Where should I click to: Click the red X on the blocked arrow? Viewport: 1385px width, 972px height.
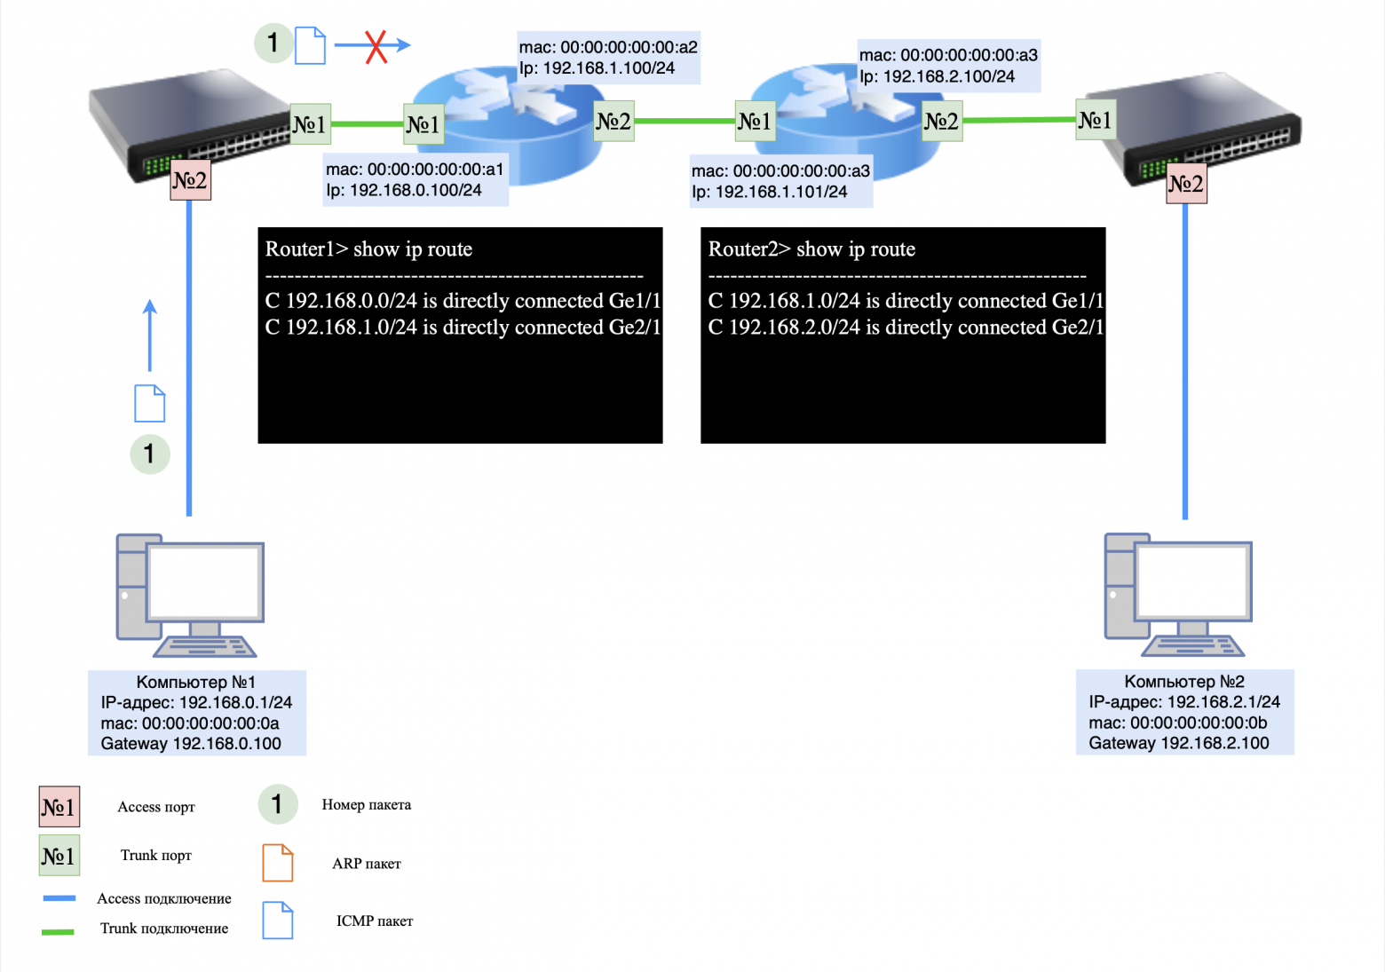coord(376,46)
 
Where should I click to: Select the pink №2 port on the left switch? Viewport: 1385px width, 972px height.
coord(190,181)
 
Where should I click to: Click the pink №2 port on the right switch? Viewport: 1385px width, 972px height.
coord(1186,184)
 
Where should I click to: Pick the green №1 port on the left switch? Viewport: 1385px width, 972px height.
coord(310,124)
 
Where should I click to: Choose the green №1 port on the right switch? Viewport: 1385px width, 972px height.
coord(1095,121)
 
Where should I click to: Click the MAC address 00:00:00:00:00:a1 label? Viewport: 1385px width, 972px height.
coord(415,169)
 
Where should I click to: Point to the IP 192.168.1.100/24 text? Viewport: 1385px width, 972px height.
coord(597,68)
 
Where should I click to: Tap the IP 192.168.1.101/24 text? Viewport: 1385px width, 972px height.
coord(769,192)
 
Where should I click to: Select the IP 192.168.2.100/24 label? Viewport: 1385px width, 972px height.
coord(937,76)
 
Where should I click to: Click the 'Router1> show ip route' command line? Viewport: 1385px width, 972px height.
coord(368,249)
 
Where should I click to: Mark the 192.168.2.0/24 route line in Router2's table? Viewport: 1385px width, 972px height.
coord(906,328)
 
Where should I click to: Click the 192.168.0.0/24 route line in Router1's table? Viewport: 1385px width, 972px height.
coord(463,301)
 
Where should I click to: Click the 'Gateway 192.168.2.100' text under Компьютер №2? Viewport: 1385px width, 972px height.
coord(1178,743)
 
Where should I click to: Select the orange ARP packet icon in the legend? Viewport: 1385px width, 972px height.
coord(278,863)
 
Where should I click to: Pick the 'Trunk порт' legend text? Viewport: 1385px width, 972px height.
coord(156,855)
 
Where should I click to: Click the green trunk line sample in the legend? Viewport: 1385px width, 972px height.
coord(59,931)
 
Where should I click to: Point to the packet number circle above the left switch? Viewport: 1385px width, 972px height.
coord(273,43)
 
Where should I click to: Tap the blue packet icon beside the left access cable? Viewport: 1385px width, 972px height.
coord(149,404)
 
